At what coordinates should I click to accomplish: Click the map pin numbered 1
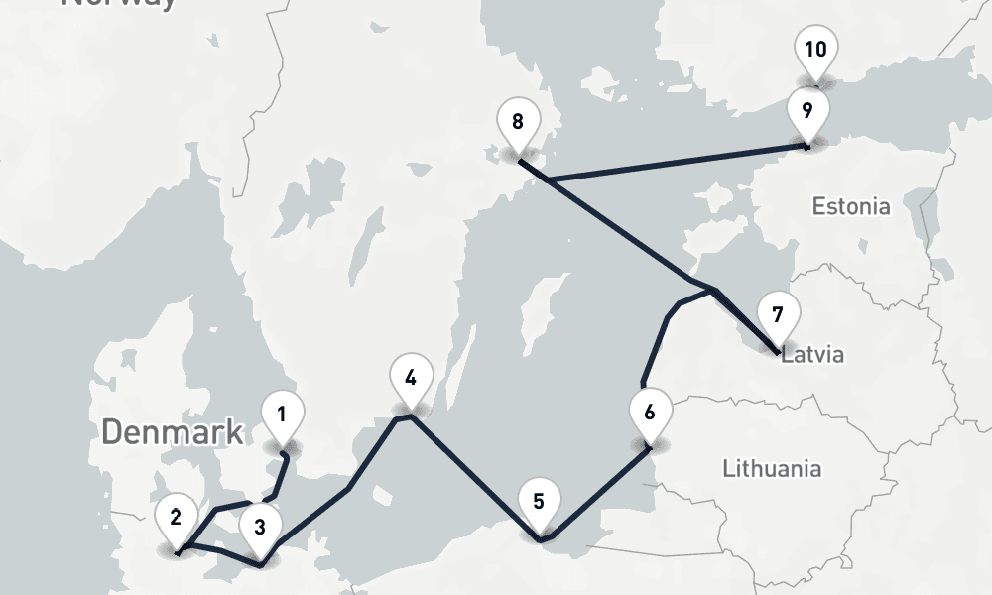(x=283, y=414)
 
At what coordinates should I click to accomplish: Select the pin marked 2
(x=176, y=516)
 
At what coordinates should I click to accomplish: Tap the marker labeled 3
(x=260, y=526)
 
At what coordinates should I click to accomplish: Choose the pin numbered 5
(x=539, y=501)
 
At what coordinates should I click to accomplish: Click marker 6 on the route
(x=650, y=412)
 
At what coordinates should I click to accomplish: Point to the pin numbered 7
(x=778, y=315)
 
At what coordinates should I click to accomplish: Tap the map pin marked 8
(x=517, y=122)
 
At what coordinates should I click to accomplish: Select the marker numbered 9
(x=807, y=109)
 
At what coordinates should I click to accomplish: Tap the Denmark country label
(x=173, y=431)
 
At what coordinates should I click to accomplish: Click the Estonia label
(x=851, y=207)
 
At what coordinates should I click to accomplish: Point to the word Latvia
(x=813, y=355)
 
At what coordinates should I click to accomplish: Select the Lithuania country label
(x=772, y=467)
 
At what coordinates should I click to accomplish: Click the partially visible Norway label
(x=119, y=4)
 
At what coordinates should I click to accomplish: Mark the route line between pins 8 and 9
(x=675, y=164)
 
